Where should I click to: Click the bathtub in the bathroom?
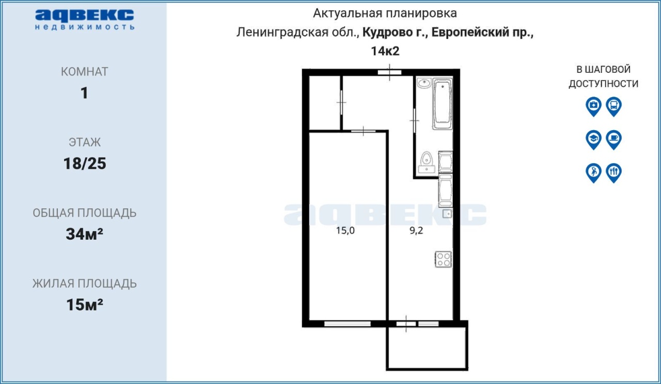(x=443, y=104)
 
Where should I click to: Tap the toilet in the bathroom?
(x=427, y=162)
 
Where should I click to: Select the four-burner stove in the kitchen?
(x=444, y=259)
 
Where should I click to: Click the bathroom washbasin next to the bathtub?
(x=424, y=83)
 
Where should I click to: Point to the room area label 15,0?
(x=345, y=231)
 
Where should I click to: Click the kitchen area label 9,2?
(x=416, y=231)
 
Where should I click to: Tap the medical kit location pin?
(x=593, y=106)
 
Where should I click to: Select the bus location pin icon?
(x=614, y=106)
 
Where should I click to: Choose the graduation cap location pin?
(x=593, y=140)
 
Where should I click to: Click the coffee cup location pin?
(x=614, y=140)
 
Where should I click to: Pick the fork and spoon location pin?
(x=614, y=173)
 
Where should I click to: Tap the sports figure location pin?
(x=593, y=173)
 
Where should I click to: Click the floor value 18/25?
(x=85, y=164)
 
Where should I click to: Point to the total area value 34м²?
(x=85, y=234)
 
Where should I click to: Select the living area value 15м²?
(x=85, y=304)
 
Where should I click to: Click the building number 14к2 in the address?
(x=385, y=51)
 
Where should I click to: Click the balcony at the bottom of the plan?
(x=427, y=348)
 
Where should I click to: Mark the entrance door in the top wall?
(x=389, y=72)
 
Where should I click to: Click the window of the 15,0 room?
(x=348, y=324)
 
